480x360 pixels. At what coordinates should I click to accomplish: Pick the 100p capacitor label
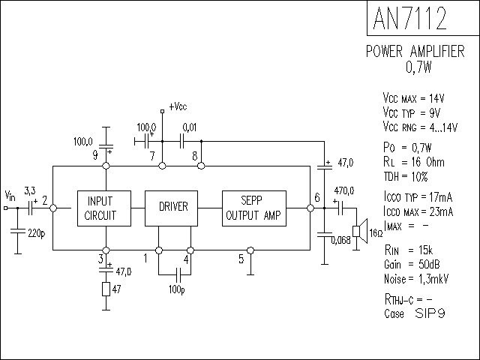click(x=177, y=289)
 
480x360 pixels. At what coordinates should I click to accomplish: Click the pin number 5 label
click(x=241, y=260)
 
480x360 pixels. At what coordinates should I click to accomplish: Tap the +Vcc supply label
click(x=178, y=107)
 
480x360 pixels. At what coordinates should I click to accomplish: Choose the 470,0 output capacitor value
click(x=345, y=191)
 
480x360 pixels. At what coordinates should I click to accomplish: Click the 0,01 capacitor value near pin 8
click(x=190, y=127)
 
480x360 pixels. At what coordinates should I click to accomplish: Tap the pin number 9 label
click(x=95, y=155)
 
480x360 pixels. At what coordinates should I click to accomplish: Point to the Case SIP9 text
click(x=414, y=313)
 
